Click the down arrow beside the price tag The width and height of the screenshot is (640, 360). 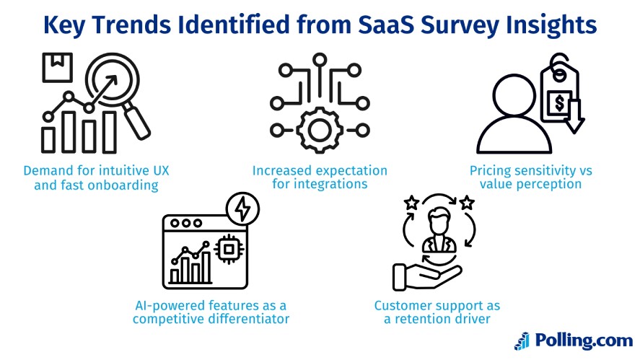575,117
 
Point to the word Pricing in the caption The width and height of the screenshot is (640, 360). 491,171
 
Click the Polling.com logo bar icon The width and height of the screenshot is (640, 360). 521,340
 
